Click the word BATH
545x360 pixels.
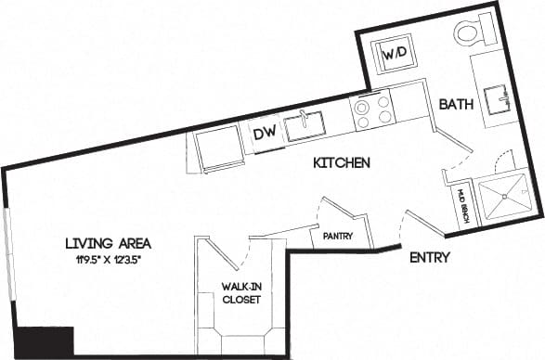tap(457, 106)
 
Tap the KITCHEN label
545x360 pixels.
tap(342, 163)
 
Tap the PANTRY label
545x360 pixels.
tap(338, 237)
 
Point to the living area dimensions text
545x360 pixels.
tap(109, 260)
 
